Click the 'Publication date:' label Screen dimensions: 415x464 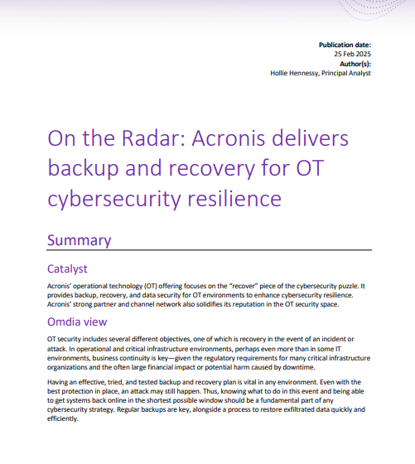345,44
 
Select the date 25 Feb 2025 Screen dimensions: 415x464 353,54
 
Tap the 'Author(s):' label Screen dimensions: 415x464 355,63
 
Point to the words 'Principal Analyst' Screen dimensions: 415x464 348,73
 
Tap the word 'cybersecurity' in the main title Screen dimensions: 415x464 113,199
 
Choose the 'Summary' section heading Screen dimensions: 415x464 80,240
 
